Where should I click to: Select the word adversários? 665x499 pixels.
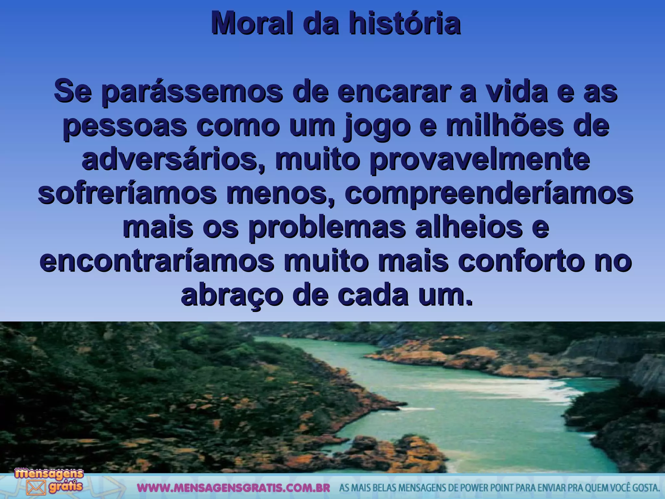coord(174,160)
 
